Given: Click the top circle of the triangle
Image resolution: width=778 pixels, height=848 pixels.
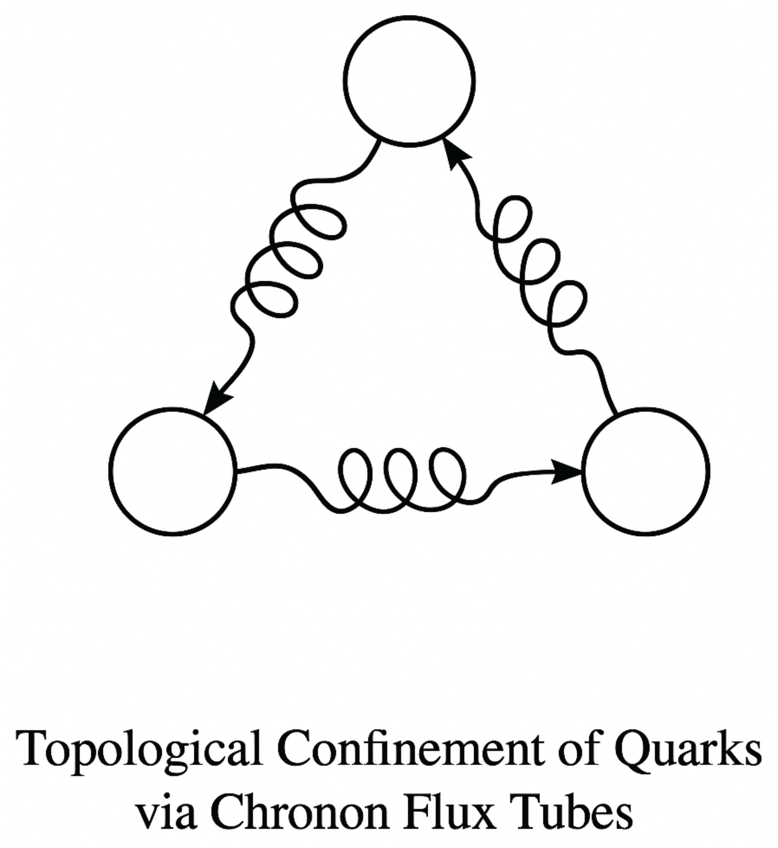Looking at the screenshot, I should click(x=409, y=81).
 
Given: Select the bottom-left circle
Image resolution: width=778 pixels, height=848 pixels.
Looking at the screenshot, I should click(x=173, y=471).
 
